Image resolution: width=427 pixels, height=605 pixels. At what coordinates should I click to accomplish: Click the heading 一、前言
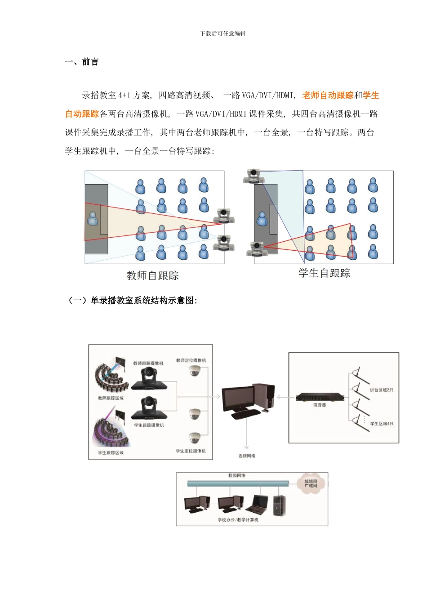(82, 62)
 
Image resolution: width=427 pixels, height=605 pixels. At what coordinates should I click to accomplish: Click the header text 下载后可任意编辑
(222, 34)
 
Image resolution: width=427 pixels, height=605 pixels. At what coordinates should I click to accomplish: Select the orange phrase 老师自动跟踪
(328, 95)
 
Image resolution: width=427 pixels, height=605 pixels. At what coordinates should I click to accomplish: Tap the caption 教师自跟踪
(152, 275)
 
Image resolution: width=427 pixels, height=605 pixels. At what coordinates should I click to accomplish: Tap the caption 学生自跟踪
(324, 273)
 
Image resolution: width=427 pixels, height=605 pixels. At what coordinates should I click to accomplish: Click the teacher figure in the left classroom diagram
(93, 219)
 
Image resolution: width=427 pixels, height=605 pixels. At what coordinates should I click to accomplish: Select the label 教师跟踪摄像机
(148, 363)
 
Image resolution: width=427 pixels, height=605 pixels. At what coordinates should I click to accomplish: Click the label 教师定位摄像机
(191, 361)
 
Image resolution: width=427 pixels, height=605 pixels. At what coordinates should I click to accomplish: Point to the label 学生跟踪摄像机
(149, 425)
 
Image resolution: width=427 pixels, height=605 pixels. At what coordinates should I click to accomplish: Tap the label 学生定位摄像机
(191, 451)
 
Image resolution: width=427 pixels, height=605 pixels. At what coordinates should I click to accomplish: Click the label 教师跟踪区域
(111, 398)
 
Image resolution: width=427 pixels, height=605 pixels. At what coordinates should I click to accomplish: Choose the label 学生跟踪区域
(111, 453)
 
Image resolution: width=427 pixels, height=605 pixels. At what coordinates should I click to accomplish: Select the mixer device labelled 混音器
(320, 397)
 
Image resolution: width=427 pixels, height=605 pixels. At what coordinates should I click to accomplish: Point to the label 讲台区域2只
(381, 390)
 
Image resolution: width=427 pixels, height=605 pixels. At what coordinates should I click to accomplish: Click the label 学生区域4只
(382, 424)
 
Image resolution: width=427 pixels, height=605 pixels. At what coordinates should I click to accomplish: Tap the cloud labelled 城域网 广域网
(311, 484)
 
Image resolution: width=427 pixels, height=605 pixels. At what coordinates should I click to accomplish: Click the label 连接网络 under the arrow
(247, 456)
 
